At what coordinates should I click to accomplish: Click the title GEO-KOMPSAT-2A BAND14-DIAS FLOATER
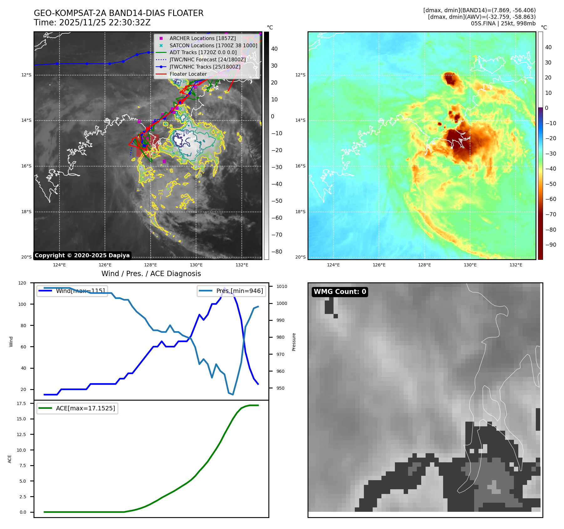point(118,13)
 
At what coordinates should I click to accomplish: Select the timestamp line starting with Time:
point(92,23)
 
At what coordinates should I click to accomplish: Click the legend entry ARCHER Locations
point(202,38)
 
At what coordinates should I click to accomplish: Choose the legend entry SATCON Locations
point(213,45)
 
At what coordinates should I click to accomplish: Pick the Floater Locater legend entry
point(188,74)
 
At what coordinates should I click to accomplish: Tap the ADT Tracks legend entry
point(203,53)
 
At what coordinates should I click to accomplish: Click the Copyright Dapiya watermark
point(82,255)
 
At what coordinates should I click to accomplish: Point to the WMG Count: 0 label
point(340,292)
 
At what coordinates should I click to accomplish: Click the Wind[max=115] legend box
point(72,291)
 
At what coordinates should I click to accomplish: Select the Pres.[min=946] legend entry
point(231,291)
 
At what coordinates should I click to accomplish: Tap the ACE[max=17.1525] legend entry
point(77,408)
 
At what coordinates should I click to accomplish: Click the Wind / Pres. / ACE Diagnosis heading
point(151,274)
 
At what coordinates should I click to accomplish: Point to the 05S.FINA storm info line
point(503,23)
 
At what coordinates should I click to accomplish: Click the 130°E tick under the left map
point(196,265)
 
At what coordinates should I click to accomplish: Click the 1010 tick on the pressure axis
point(282,286)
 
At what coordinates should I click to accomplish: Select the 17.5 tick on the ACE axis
point(21,403)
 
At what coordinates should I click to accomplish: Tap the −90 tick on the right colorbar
point(551,245)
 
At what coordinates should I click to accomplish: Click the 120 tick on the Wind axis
point(22,283)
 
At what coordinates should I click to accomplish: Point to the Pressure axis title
point(294,342)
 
